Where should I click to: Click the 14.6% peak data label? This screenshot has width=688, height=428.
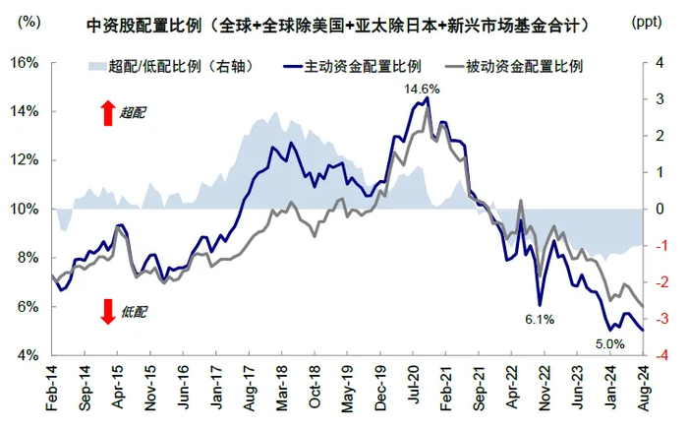pos(421,90)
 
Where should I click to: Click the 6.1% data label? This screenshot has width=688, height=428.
pos(540,319)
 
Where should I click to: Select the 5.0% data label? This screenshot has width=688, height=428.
pos(609,343)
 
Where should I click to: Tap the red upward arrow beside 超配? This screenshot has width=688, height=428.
pos(107,113)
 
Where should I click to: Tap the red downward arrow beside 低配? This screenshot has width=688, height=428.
pos(107,312)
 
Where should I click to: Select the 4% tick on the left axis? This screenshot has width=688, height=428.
pos(27,355)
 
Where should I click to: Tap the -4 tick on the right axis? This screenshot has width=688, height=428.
pos(663,355)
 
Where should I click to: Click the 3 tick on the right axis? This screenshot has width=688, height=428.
pos(665,99)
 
